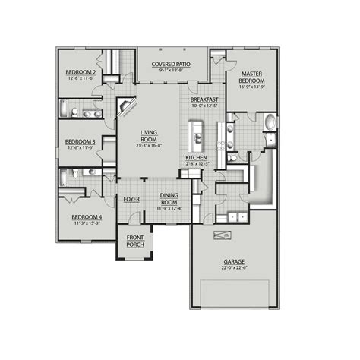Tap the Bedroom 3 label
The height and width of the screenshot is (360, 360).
(x=80, y=141)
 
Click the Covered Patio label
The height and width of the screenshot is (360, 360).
(x=172, y=65)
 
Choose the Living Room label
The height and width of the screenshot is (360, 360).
(x=149, y=136)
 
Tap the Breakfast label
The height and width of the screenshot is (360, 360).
(x=204, y=99)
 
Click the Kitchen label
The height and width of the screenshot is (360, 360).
(x=197, y=157)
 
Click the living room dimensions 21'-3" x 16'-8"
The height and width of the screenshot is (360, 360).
(x=149, y=147)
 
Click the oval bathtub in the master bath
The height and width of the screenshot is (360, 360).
(x=271, y=122)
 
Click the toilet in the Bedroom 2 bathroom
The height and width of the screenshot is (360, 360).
(x=76, y=113)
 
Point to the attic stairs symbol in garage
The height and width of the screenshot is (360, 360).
(x=224, y=236)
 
